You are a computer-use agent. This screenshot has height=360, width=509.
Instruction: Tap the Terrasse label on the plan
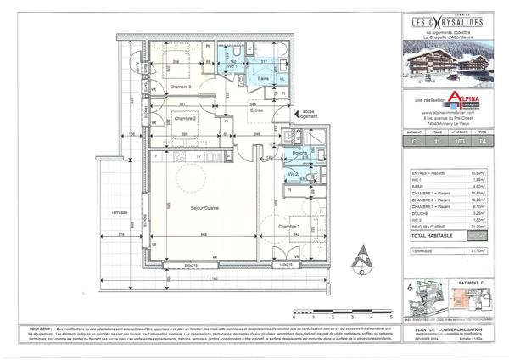coord(119,212)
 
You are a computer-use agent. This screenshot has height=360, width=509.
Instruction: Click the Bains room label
coord(264,77)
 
